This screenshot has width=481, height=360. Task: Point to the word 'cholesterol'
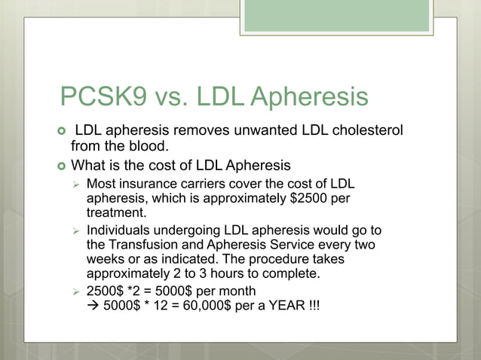366,131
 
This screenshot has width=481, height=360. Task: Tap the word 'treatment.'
117,213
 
